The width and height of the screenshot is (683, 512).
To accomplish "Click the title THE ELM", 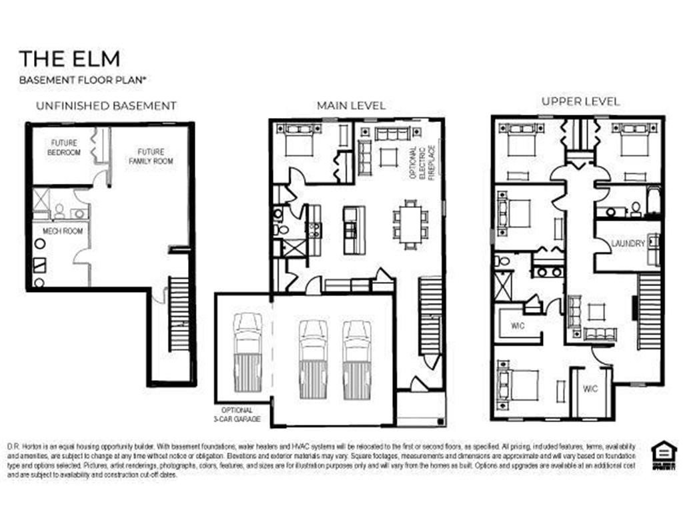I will click(x=69, y=59).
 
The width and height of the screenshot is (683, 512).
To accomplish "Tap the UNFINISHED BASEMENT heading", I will click(x=106, y=105).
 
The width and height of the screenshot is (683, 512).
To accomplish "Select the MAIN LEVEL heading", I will click(x=351, y=106).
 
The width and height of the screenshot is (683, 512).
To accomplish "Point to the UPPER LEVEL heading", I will click(x=580, y=102).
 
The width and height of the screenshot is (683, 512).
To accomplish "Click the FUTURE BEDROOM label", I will click(x=64, y=147).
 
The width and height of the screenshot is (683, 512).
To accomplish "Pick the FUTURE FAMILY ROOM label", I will click(x=151, y=156).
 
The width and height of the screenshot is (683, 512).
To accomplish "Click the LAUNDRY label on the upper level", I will click(x=628, y=243).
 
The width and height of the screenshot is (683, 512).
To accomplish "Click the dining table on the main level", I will click(x=410, y=225).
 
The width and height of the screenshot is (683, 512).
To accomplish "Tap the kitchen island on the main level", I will click(x=354, y=229).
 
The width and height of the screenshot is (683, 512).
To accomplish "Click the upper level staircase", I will click(x=648, y=311).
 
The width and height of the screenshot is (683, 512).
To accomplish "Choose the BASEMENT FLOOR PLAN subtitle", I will click(x=83, y=80).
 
